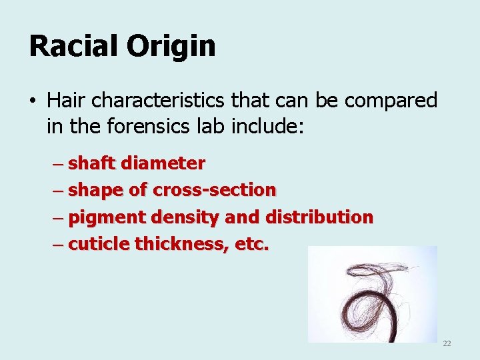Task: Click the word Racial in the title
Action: coord(71,46)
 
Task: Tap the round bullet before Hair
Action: coord(32,102)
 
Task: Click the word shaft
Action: coord(92,163)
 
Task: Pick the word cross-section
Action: coord(215,190)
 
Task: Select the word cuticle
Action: coord(99,244)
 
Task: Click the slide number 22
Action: coord(447,343)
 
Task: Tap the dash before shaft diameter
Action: coord(58,163)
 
